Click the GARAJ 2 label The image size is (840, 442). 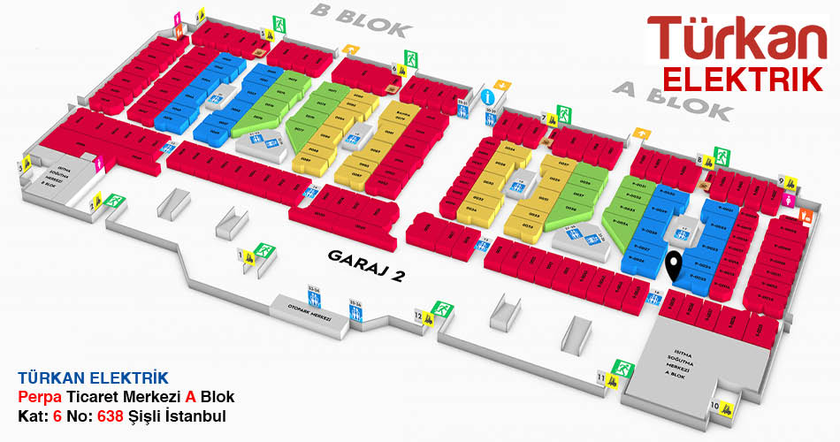coord(366,265)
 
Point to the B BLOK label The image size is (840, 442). coord(361,22)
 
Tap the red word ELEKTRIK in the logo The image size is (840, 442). coord(743,79)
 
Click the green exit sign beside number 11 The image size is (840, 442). coord(622,366)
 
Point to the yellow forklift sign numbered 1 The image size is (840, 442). coord(249,256)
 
